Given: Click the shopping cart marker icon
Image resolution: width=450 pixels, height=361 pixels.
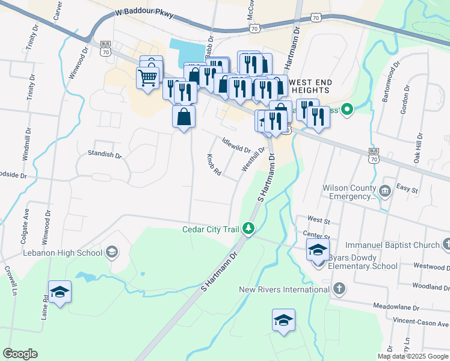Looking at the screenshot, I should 147,77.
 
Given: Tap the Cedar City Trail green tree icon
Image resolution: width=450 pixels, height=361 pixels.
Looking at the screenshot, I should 247,229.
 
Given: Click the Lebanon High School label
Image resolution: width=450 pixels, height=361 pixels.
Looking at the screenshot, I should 63,253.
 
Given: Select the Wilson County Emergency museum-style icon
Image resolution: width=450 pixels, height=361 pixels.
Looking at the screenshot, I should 385,191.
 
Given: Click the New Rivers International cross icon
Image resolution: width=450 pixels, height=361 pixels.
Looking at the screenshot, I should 339,289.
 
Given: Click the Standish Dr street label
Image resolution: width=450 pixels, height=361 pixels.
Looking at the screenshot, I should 105,155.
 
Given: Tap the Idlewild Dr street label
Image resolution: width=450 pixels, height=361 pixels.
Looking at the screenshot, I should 236,145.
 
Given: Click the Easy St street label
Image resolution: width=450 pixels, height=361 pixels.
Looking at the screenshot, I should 407,189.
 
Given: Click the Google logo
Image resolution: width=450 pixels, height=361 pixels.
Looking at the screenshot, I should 20,354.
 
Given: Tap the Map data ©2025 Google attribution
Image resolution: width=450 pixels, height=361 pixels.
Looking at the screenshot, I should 412,356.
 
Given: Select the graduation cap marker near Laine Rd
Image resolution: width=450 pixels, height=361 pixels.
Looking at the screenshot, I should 60,292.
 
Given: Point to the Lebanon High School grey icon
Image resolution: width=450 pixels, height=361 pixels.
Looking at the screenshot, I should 111,252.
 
